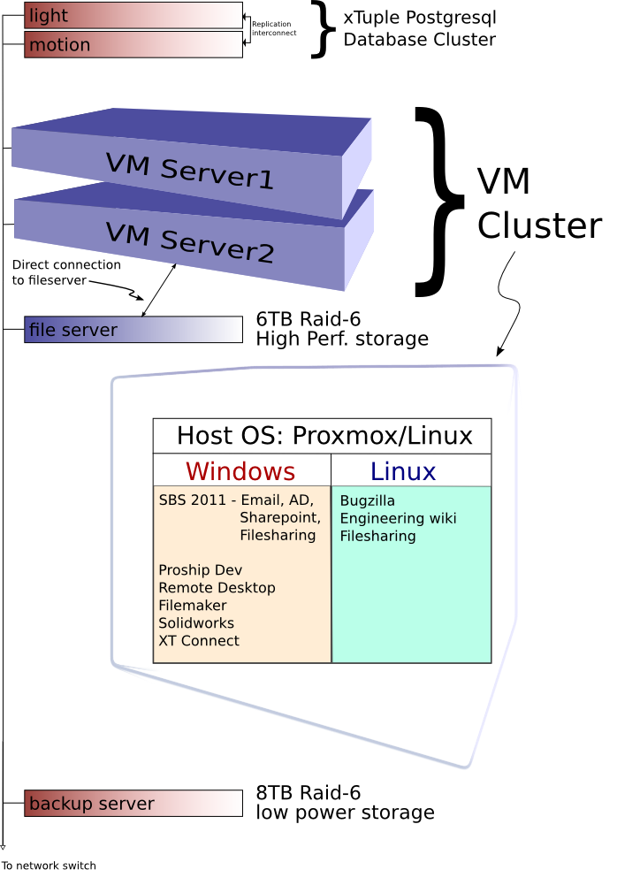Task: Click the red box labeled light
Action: tap(133, 15)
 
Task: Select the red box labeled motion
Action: tap(133, 44)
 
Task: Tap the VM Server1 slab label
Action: tap(189, 172)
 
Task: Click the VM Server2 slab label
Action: tap(189, 242)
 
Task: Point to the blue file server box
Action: tap(133, 330)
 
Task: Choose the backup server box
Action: tap(133, 803)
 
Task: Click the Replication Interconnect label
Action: tap(273, 28)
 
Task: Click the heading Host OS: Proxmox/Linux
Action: tap(324, 435)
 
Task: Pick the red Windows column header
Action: tap(240, 470)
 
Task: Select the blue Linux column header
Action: tap(403, 470)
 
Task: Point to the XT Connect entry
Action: tap(199, 641)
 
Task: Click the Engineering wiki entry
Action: tap(398, 518)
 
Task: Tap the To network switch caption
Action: tap(49, 865)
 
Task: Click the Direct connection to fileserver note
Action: tap(66, 272)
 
